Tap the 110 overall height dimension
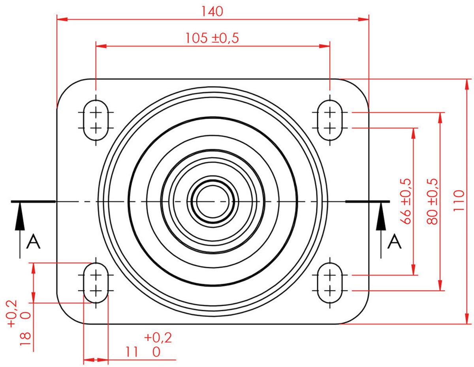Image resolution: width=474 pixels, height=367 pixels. click(459, 201)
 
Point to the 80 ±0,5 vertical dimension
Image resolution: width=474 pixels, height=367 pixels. click(433, 201)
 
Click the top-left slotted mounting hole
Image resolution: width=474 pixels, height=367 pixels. click(96, 120)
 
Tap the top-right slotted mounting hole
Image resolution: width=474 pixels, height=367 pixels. click(330, 120)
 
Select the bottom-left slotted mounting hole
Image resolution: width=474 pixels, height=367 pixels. click(96, 283)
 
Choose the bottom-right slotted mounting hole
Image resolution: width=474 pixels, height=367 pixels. click(330, 283)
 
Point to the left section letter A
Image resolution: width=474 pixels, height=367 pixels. click(33, 242)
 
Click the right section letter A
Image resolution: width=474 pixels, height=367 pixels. click(394, 242)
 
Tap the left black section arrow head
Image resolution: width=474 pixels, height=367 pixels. click(19, 219)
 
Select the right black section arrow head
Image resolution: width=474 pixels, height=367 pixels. click(381, 219)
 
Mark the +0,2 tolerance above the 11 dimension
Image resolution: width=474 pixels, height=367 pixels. click(158, 338)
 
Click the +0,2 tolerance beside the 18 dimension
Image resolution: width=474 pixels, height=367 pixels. click(12, 313)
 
